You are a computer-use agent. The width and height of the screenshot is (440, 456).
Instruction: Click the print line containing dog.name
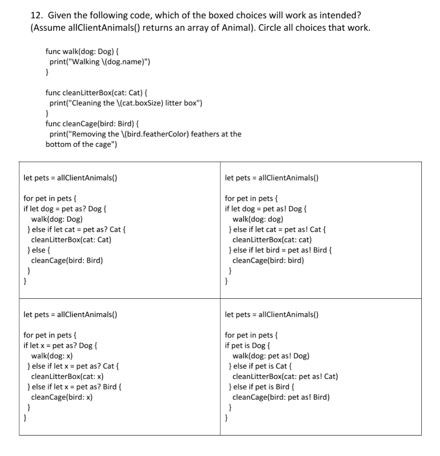(x=100, y=61)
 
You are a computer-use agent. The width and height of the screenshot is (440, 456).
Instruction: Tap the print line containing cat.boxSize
(x=126, y=103)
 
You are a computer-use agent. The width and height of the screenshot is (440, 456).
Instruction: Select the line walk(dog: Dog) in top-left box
(x=57, y=219)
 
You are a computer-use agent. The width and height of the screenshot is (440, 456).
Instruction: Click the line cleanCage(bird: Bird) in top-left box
(x=67, y=261)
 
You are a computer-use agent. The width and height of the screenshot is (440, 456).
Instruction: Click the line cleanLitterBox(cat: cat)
(x=269, y=240)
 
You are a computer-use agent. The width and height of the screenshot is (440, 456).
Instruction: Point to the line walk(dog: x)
(x=52, y=356)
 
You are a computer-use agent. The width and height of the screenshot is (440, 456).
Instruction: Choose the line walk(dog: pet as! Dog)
(x=270, y=356)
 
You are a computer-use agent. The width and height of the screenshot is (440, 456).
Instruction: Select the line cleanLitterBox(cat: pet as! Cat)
(x=285, y=377)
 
